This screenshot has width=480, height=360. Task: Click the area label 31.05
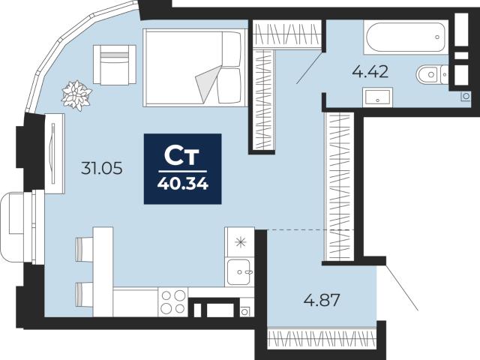click(102, 168)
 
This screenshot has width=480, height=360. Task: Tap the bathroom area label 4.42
click(370, 72)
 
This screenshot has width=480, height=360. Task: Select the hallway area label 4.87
click(322, 300)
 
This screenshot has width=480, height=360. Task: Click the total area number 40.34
click(183, 184)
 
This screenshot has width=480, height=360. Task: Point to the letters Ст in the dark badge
click(181, 156)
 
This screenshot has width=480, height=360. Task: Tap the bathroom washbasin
click(377, 97)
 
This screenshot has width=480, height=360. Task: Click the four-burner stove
click(173, 302)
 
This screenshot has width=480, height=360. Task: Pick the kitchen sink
click(239, 271)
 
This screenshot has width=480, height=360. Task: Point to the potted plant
click(76, 95)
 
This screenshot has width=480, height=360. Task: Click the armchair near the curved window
click(115, 64)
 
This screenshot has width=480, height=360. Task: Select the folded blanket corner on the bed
click(208, 82)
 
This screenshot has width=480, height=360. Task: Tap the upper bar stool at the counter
click(85, 250)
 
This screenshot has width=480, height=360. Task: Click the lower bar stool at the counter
click(85, 295)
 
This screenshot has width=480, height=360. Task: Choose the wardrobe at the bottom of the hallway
click(322, 339)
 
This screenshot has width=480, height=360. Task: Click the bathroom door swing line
click(310, 68)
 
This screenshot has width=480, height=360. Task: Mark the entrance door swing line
click(402, 288)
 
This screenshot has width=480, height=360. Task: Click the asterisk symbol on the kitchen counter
click(240, 242)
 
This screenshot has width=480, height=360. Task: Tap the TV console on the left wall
click(55, 153)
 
